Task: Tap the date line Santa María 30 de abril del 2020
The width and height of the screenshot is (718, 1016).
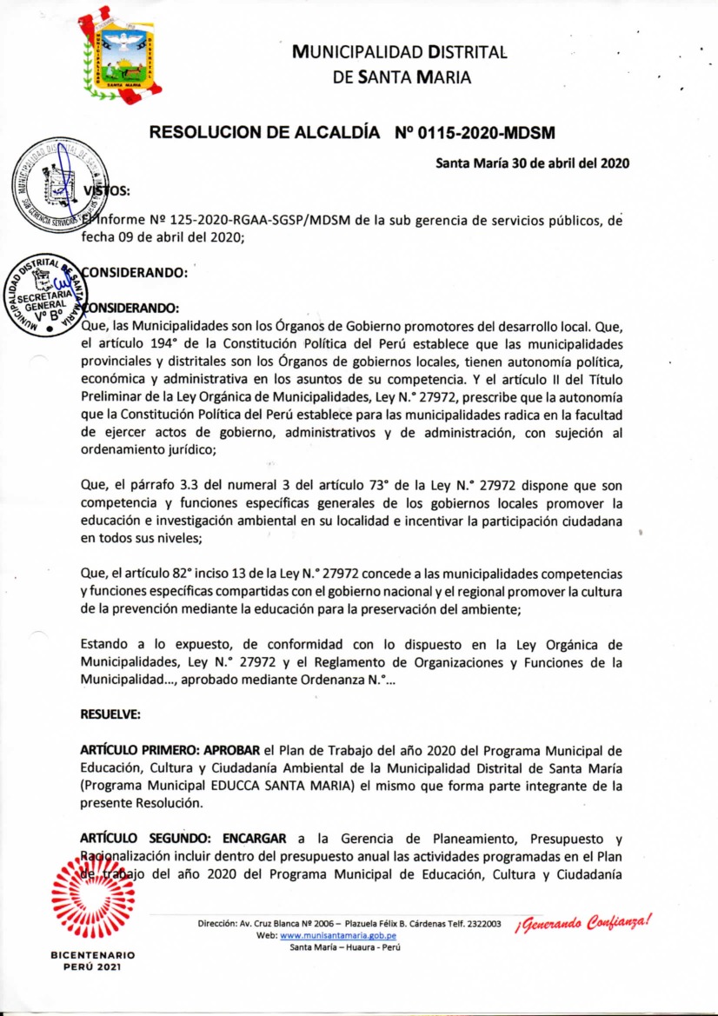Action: [x=532, y=163]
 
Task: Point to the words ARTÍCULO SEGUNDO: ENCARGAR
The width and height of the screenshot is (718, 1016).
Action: [x=183, y=839]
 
